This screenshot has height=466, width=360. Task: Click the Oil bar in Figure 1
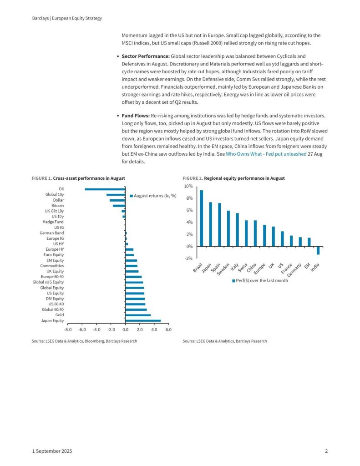tap(105, 189)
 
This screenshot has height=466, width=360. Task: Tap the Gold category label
tap(59, 315)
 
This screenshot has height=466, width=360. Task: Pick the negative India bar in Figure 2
tap(318, 251)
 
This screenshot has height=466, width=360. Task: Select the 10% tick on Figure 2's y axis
tap(188, 187)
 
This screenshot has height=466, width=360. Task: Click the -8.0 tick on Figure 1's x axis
tap(68, 329)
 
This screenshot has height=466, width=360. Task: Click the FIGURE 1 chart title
tap(78, 178)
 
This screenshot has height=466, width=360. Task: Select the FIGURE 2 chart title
tap(233, 178)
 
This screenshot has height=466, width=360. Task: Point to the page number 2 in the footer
tap(326, 451)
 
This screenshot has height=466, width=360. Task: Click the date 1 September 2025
tap(52, 451)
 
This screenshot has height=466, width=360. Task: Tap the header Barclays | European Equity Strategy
tap(67, 18)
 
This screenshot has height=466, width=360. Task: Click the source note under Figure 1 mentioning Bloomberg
tap(84, 341)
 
